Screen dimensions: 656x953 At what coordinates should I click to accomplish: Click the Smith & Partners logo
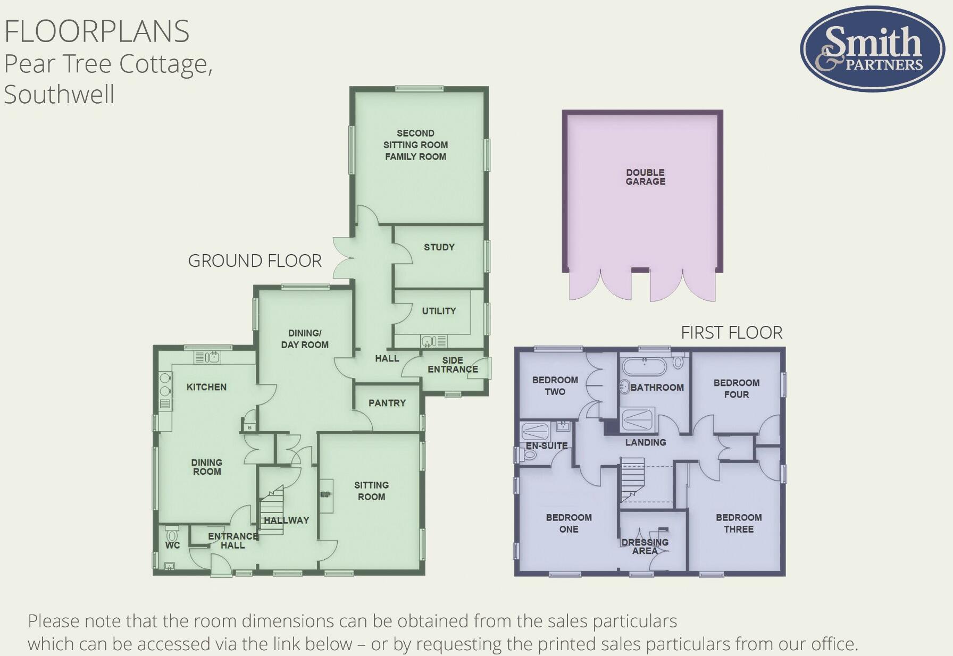[x=872, y=49]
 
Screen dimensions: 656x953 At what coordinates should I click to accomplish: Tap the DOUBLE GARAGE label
[x=645, y=177]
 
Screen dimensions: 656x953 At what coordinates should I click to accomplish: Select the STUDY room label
[x=439, y=247]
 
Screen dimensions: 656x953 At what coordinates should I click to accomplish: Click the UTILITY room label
[x=439, y=311]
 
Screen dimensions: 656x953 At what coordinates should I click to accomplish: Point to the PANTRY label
[x=387, y=403]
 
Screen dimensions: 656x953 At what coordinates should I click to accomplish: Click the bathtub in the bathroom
[x=644, y=367]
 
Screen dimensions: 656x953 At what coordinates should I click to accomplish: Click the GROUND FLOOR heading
[x=255, y=261]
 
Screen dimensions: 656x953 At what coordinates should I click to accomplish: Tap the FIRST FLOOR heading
[x=731, y=333]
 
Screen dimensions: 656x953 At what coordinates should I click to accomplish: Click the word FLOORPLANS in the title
[x=97, y=31]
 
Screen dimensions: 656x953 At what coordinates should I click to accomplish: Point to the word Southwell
[x=59, y=95]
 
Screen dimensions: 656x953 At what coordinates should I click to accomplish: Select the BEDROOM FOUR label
[x=736, y=389]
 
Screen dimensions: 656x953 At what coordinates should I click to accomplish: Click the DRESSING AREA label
[x=645, y=546]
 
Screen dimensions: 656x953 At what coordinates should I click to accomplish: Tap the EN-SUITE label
[x=546, y=445]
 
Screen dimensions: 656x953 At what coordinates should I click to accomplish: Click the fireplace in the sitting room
[x=325, y=495]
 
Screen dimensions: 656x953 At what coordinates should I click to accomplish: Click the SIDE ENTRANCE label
[x=453, y=365]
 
